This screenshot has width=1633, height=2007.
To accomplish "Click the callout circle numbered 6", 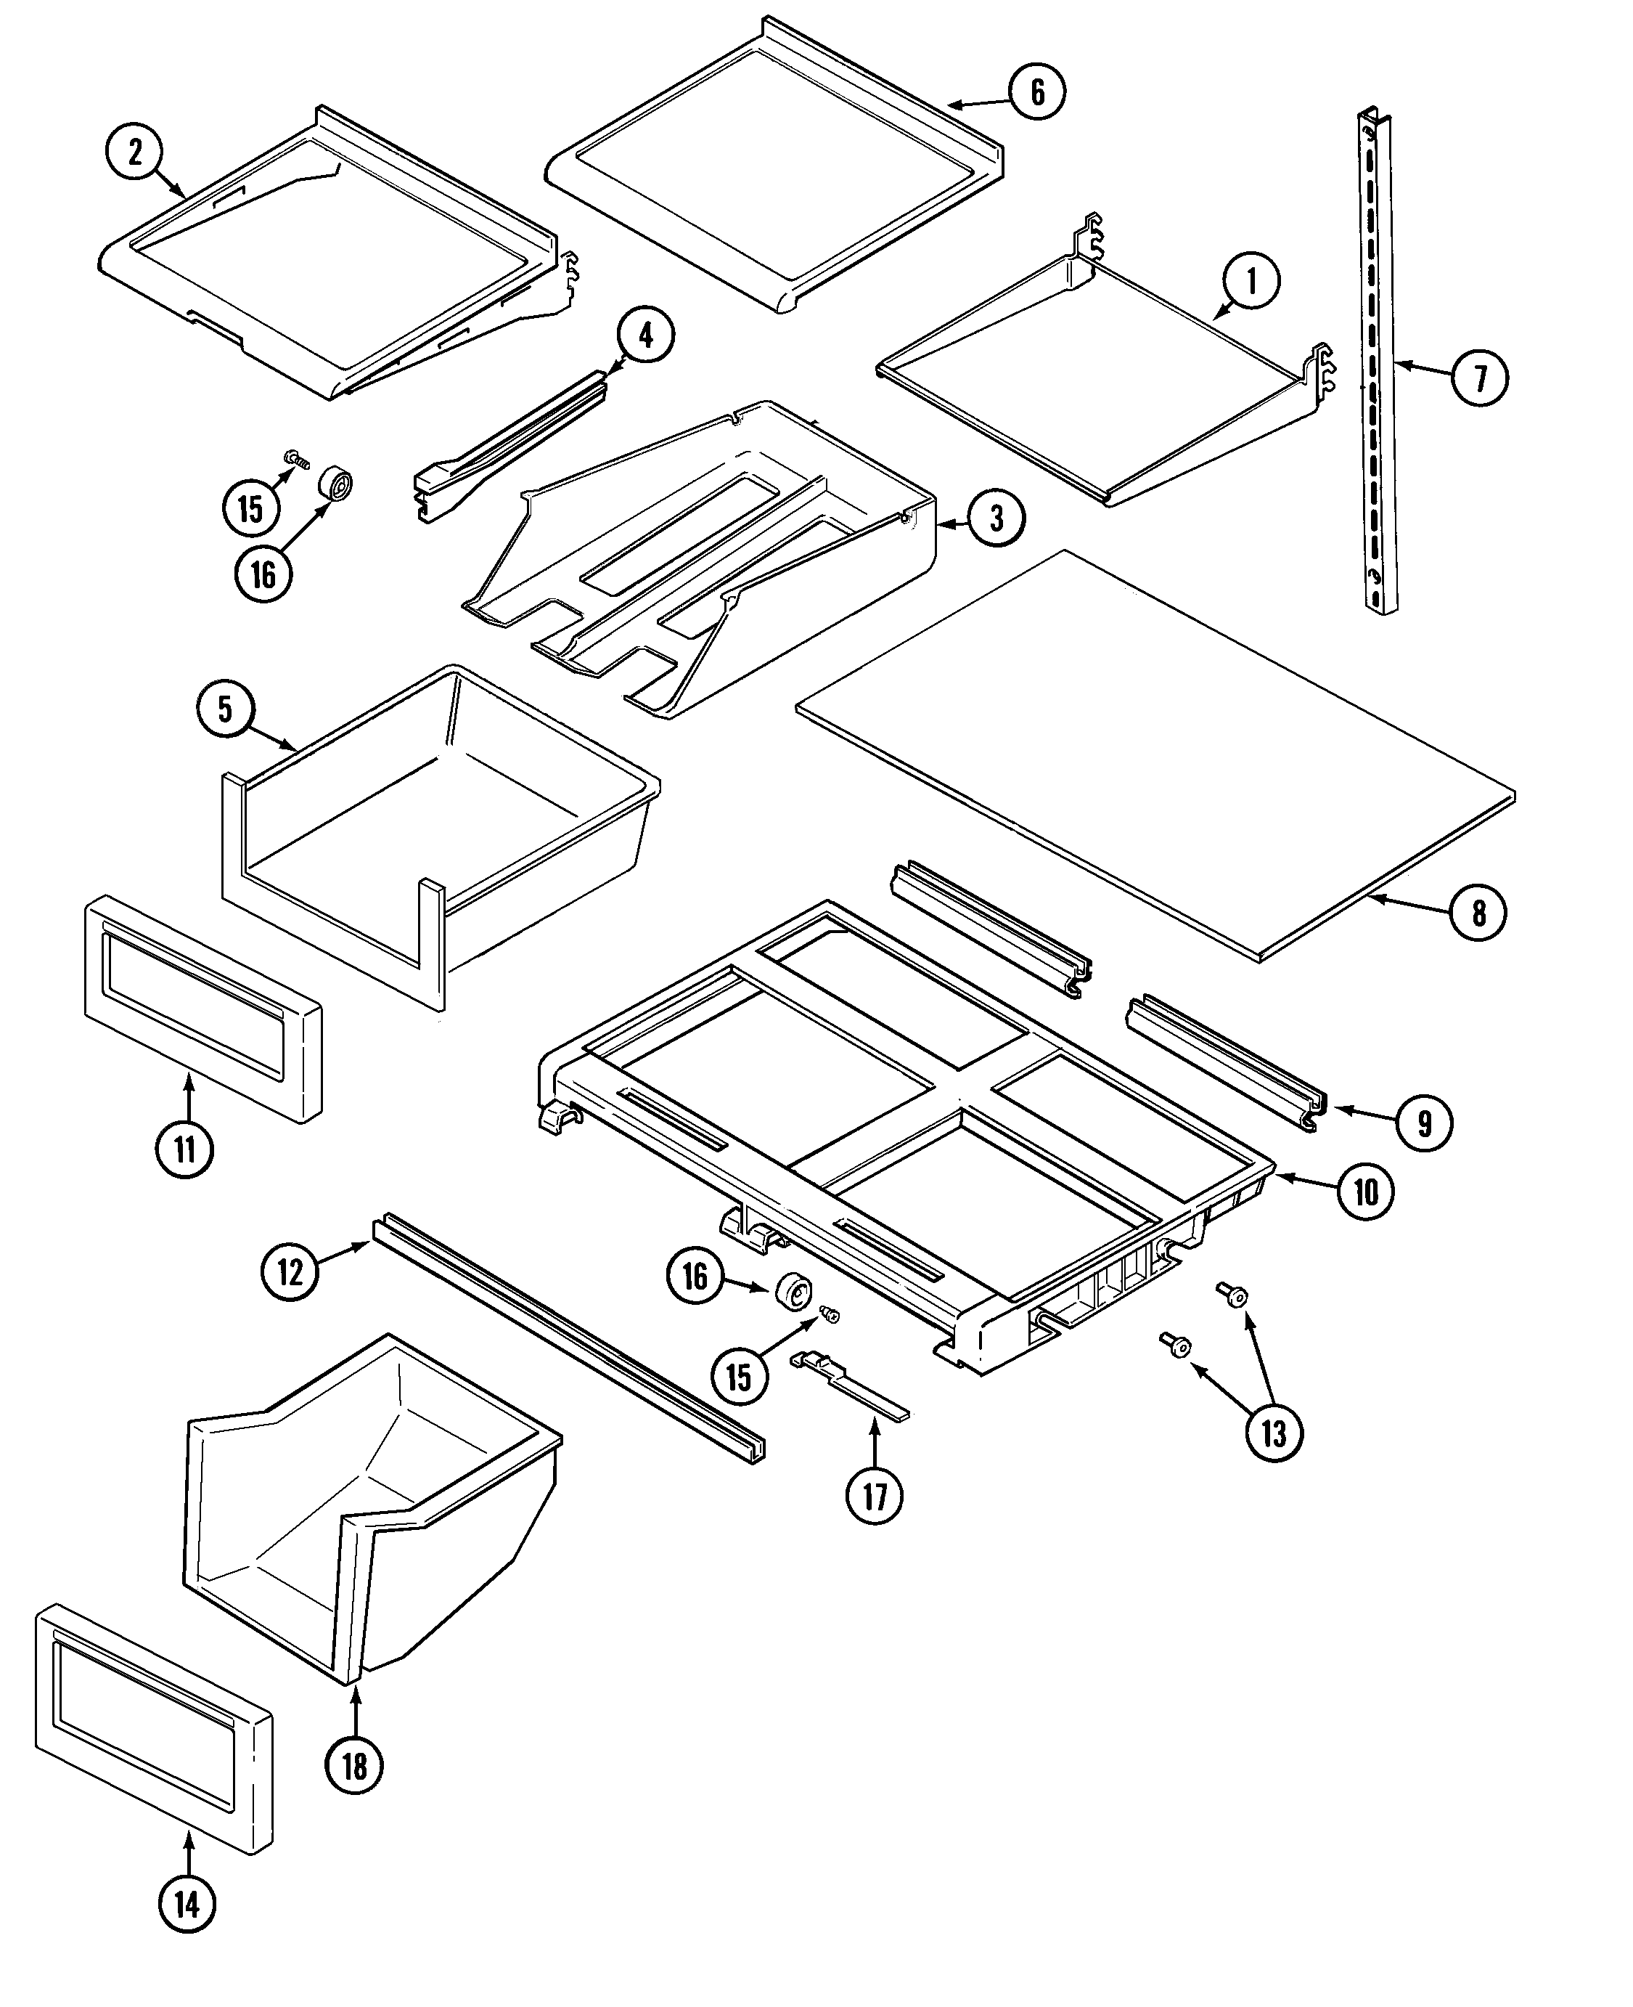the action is point(1038,91).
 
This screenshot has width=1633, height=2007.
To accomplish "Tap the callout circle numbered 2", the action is point(134,152).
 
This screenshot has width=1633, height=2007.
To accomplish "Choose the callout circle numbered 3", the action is point(996,518).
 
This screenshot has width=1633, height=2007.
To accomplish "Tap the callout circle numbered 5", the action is point(226,709).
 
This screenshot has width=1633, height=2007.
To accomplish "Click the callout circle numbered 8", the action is point(1478,912).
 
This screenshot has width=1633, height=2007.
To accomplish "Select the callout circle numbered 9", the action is point(1424,1123).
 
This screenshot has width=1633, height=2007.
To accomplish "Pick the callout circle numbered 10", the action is point(1367,1192).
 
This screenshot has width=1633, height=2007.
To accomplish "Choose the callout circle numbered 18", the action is point(355,1766).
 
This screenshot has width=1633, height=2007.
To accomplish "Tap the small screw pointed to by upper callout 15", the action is point(298,459).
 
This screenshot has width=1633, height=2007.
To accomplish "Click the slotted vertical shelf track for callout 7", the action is point(1376,363).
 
